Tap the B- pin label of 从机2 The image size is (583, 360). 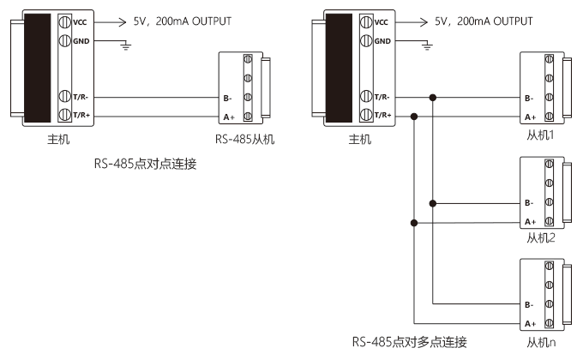[x=529, y=203]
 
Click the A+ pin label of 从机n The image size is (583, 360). [x=529, y=323]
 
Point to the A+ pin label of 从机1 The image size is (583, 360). [x=529, y=116]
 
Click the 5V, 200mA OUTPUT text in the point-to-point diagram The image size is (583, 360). [x=183, y=20]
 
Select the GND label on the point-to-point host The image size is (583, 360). [x=80, y=39]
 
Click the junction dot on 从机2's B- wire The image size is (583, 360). [x=434, y=203]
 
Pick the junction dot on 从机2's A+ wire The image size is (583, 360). [x=415, y=222]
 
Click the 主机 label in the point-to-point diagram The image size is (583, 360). [x=57, y=137]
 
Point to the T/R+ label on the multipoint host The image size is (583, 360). [x=382, y=114]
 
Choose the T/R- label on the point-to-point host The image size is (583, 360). [x=81, y=97]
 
